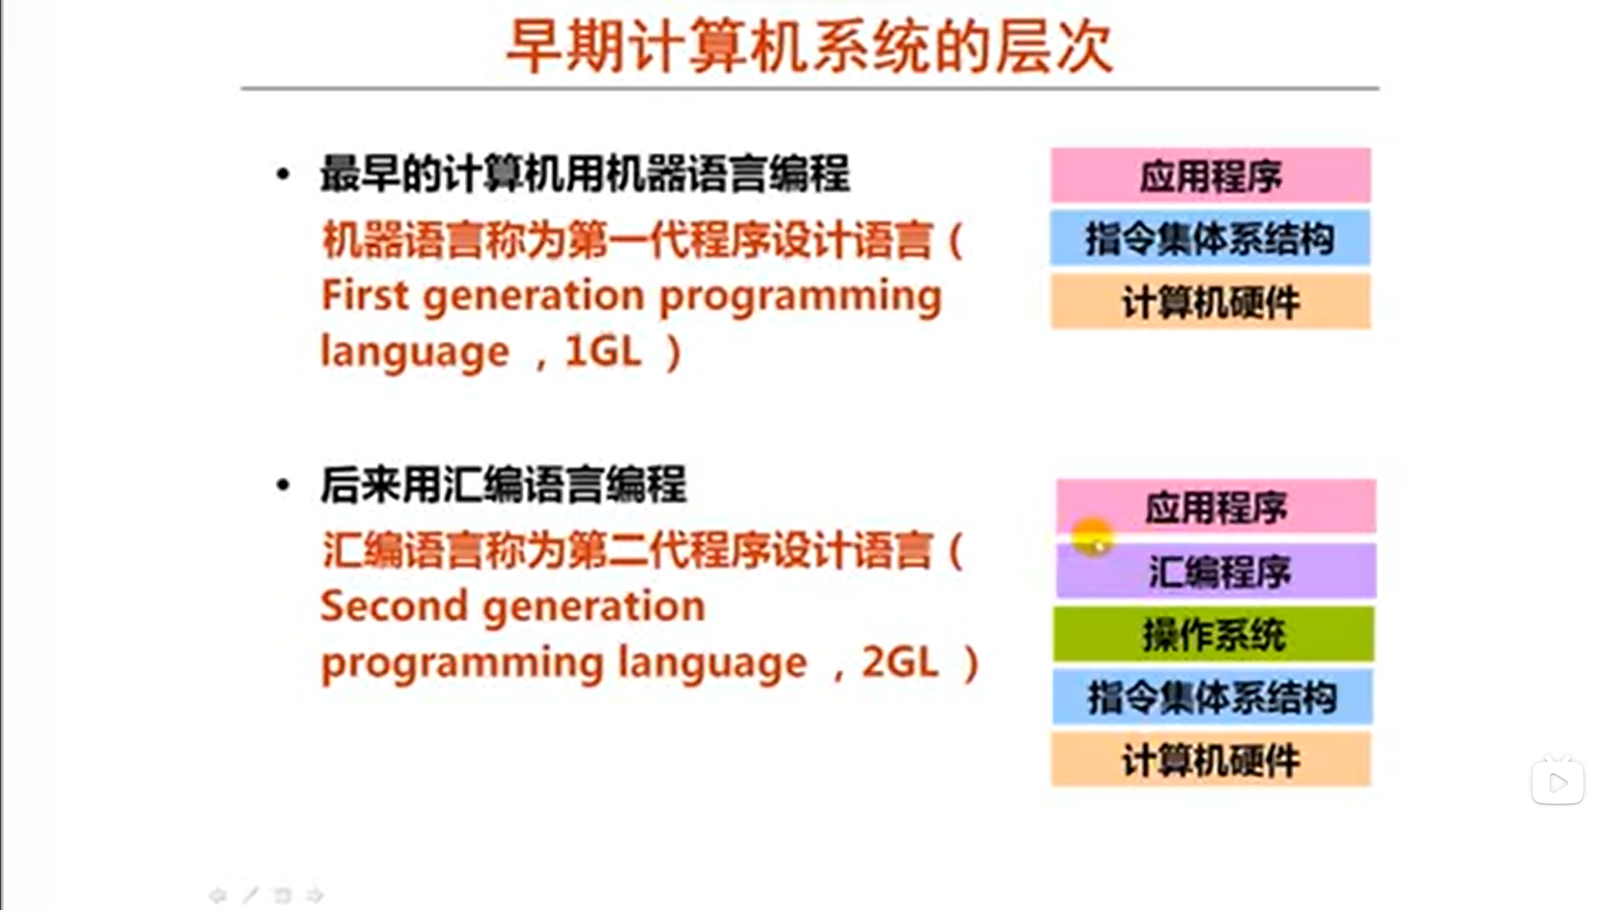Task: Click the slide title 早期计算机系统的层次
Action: click(809, 47)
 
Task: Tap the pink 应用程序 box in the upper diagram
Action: click(1211, 175)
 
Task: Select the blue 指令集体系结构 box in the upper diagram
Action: click(1210, 238)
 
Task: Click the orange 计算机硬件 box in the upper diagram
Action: click(1211, 301)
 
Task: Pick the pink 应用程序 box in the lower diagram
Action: click(1216, 506)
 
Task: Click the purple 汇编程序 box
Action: click(1216, 571)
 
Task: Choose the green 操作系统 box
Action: click(1213, 634)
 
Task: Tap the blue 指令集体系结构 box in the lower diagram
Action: click(1212, 697)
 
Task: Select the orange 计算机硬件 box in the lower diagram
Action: click(1211, 759)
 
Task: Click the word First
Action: click(365, 296)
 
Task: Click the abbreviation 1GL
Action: click(602, 351)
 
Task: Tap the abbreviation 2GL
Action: click(899, 663)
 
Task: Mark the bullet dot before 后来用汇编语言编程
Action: click(283, 485)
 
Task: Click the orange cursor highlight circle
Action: click(1092, 537)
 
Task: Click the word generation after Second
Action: click(594, 608)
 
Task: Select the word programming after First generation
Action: click(801, 298)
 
